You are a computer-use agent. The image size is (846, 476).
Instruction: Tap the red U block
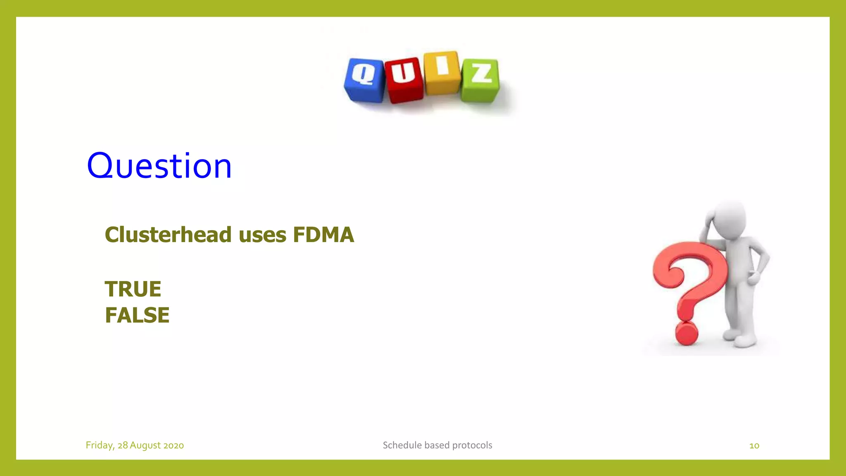click(404, 79)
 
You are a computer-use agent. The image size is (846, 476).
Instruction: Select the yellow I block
click(442, 73)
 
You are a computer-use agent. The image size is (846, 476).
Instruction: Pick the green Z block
click(480, 80)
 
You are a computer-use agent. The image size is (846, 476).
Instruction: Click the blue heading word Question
click(159, 166)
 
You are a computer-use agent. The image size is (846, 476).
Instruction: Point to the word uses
click(262, 235)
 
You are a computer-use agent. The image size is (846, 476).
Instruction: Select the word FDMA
click(323, 235)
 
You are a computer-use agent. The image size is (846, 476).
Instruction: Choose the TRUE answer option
click(133, 289)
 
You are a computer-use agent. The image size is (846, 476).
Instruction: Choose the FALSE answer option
click(137, 315)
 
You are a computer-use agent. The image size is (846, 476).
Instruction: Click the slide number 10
click(754, 445)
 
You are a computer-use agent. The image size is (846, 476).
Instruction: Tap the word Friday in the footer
click(99, 445)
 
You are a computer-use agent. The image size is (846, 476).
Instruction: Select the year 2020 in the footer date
click(173, 445)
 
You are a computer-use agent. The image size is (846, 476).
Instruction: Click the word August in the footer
click(145, 445)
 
